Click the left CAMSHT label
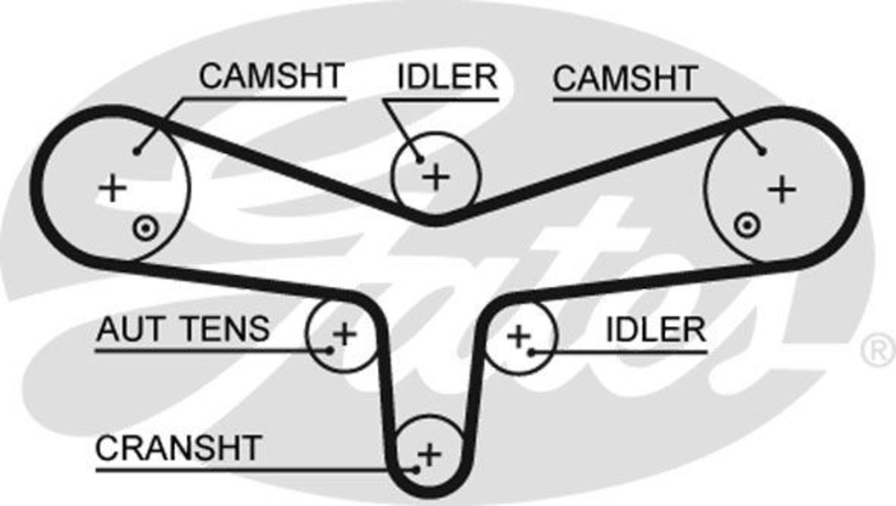click(x=271, y=76)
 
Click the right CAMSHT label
click(x=625, y=79)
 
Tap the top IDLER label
click(x=447, y=77)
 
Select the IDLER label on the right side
click(x=655, y=330)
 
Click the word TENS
click(x=226, y=329)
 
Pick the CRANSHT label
click(x=178, y=448)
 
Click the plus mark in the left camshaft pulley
click(x=112, y=188)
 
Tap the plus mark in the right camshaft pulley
click(x=782, y=189)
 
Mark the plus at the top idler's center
click(x=435, y=177)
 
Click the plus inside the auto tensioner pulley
click(x=345, y=334)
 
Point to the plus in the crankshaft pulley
click(x=430, y=455)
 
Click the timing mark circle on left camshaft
click(x=146, y=229)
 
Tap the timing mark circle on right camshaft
click(x=747, y=225)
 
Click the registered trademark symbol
click(x=877, y=351)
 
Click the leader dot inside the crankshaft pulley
click(x=416, y=470)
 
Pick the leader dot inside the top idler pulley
click(x=420, y=159)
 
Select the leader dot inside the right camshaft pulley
click(x=762, y=152)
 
